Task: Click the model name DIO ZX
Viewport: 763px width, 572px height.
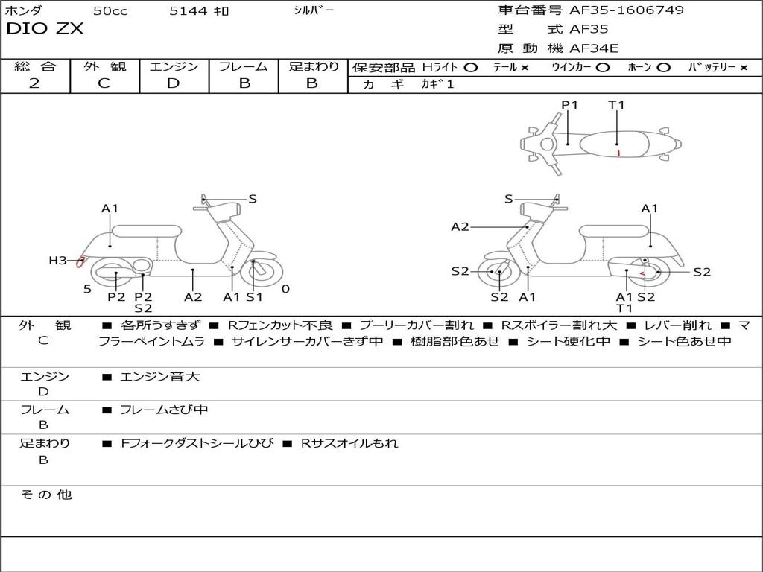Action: click(x=45, y=29)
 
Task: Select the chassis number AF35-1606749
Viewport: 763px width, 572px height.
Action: click(x=626, y=10)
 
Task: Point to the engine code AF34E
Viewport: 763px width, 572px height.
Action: click(x=594, y=49)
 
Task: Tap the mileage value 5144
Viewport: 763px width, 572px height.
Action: click(x=188, y=11)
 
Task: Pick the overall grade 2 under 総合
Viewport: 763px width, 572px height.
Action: click(x=34, y=83)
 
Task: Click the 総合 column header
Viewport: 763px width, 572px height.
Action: click(x=35, y=66)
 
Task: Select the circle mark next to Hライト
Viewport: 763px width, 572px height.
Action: click(x=470, y=67)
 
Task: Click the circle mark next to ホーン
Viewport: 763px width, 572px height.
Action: click(x=663, y=67)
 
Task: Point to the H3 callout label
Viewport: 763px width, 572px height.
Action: click(x=57, y=261)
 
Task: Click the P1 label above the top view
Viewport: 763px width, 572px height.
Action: click(x=570, y=105)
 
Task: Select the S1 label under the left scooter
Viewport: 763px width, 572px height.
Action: click(x=254, y=297)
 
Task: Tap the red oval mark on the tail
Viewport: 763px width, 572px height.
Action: click(x=80, y=261)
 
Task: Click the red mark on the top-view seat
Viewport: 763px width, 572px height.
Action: click(x=618, y=153)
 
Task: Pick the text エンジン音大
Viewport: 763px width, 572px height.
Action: click(x=160, y=377)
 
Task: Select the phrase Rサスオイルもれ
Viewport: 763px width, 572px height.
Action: click(x=349, y=443)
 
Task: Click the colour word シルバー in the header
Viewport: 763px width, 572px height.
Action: click(x=314, y=10)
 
